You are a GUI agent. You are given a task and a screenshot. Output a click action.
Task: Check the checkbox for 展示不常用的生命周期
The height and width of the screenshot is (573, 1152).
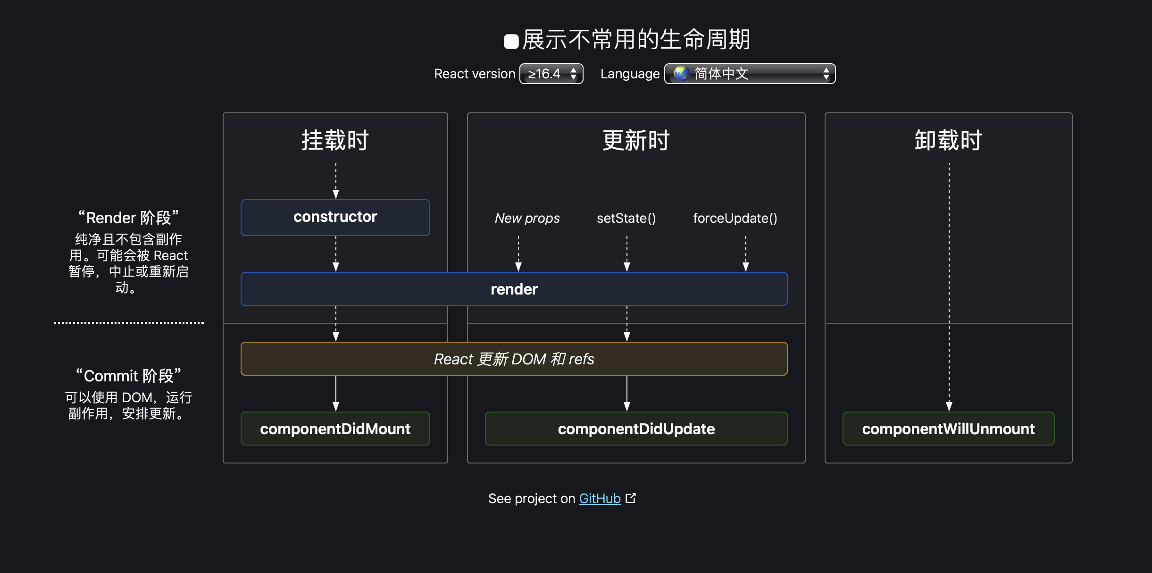(511, 41)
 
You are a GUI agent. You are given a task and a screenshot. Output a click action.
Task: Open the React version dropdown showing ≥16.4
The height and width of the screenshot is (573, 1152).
(551, 74)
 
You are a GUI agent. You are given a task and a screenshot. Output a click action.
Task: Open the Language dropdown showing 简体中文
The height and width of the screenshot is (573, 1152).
(750, 74)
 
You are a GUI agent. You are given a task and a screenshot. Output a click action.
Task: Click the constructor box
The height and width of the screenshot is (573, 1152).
(335, 217)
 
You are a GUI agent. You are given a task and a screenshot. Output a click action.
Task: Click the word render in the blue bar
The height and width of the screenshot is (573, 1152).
(514, 289)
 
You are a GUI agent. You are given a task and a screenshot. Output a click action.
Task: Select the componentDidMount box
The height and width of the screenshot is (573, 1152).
(335, 429)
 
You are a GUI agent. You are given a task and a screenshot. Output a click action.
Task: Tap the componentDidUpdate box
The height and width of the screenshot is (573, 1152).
(636, 429)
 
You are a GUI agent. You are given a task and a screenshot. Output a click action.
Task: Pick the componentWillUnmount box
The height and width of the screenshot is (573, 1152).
(948, 429)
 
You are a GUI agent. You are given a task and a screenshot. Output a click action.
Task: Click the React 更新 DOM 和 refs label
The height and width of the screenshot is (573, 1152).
(514, 359)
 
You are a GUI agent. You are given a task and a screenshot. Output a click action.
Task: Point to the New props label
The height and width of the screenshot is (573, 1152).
(527, 218)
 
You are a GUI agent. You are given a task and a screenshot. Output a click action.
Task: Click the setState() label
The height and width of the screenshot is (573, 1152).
(626, 218)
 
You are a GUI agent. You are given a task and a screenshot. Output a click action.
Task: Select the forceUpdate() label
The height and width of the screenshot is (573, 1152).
(735, 218)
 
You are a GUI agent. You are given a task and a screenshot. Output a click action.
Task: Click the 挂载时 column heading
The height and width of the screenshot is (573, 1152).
(335, 140)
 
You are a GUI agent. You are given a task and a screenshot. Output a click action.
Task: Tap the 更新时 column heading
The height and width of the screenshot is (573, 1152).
(636, 140)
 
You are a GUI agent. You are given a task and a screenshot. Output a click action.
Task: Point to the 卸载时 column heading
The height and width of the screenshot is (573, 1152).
(948, 140)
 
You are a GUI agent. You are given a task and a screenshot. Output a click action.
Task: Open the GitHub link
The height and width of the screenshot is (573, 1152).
(600, 498)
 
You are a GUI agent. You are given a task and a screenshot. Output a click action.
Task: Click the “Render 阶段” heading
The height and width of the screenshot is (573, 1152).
(128, 218)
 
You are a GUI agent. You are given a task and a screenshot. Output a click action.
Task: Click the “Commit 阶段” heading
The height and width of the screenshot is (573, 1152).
(128, 376)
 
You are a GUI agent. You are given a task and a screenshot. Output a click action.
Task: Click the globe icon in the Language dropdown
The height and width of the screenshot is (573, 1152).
(681, 74)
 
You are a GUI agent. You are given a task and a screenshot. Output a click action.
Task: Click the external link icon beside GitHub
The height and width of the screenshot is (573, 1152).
(631, 498)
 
